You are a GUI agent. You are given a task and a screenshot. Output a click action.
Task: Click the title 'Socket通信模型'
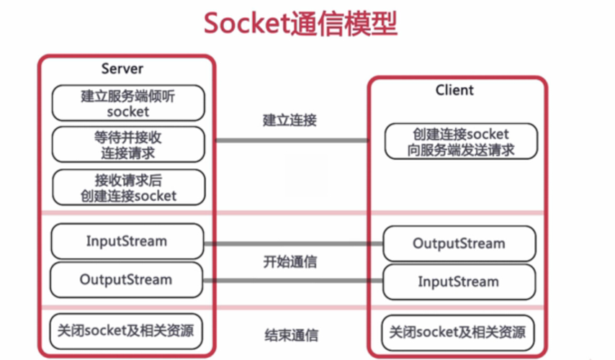click(x=300, y=24)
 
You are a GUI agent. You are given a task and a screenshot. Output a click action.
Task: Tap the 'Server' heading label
click(x=122, y=69)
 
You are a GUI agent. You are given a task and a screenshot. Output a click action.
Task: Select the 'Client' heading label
click(x=454, y=90)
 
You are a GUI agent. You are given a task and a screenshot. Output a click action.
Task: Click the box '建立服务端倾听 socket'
click(x=127, y=104)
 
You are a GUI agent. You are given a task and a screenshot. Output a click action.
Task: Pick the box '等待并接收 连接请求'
click(x=127, y=144)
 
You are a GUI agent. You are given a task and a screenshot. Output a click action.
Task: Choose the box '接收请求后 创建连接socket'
click(x=127, y=187)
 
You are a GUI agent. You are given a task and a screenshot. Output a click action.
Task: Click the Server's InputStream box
click(x=127, y=241)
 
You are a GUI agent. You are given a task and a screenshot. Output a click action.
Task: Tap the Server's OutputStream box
click(x=127, y=279)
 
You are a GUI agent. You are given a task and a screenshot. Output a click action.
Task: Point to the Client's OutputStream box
click(x=459, y=243)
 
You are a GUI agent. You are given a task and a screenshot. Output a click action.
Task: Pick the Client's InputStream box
click(x=459, y=282)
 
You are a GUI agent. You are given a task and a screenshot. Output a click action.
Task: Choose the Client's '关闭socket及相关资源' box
click(x=459, y=332)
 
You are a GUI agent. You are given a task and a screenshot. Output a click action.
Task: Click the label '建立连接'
click(x=289, y=120)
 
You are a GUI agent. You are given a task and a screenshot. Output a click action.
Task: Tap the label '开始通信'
click(x=289, y=262)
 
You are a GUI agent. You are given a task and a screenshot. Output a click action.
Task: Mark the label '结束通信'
click(x=291, y=336)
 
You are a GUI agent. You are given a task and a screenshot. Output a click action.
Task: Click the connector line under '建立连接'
click(x=292, y=140)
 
